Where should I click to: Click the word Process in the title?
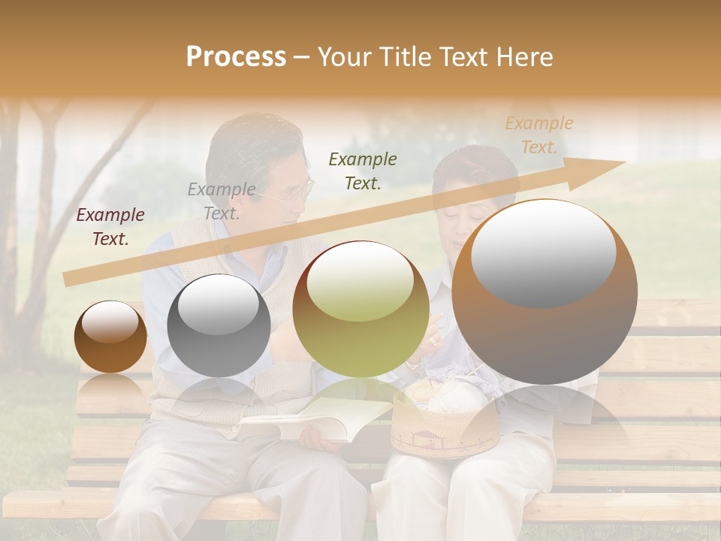tap(236, 57)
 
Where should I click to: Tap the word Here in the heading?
tap(523, 57)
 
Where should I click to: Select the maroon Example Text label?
tap(110, 227)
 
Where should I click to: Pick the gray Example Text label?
tap(222, 201)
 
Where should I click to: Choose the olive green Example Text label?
tap(363, 171)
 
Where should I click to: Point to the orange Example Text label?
tap(539, 135)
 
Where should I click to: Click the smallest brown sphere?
tap(110, 337)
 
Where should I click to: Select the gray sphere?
tap(219, 325)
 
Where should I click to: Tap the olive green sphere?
tap(361, 310)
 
